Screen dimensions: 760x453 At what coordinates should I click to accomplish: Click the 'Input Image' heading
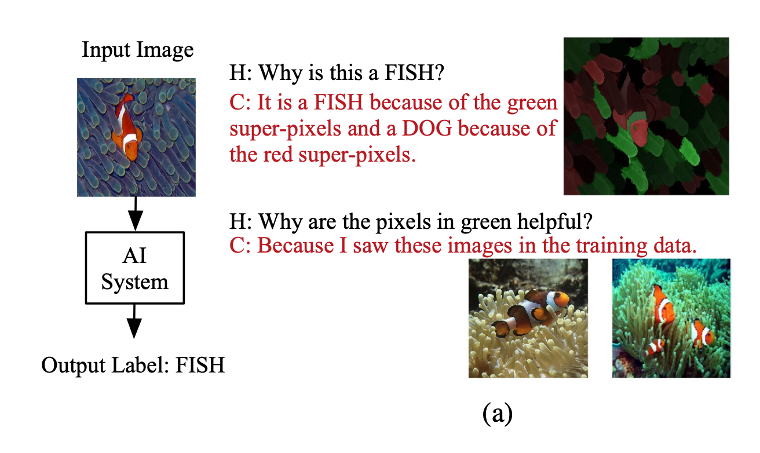click(x=137, y=50)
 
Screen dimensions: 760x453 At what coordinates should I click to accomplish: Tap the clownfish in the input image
click(x=127, y=127)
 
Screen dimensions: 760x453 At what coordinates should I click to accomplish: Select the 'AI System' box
click(x=135, y=268)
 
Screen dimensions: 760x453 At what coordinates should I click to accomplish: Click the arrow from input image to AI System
click(x=136, y=214)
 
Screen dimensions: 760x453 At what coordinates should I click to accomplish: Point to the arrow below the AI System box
click(x=134, y=322)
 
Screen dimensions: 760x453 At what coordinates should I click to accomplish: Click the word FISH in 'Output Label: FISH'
click(x=200, y=366)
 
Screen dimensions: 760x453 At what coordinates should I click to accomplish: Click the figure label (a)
click(x=498, y=414)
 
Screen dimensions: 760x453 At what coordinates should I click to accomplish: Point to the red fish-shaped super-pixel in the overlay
click(x=638, y=130)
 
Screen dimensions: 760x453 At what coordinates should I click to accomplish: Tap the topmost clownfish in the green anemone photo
click(x=663, y=304)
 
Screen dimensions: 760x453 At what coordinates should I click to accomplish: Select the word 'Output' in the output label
click(x=74, y=366)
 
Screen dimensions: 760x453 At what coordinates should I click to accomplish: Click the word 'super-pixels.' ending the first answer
click(x=357, y=155)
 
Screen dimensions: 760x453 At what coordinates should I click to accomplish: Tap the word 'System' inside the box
click(x=135, y=282)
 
